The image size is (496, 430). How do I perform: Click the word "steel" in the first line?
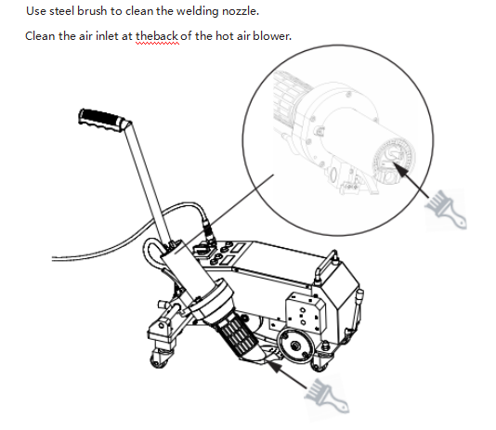tap(62, 11)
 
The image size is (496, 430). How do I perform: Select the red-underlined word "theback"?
tap(157, 36)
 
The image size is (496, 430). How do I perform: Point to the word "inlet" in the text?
tap(107, 36)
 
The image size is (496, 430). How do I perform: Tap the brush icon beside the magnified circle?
tap(446, 209)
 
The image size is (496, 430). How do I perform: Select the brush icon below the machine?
tap(326, 396)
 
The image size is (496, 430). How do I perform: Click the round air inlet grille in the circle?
tap(394, 162)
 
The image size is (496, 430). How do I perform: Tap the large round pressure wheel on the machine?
tap(295, 345)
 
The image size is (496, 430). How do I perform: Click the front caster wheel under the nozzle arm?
tap(161, 358)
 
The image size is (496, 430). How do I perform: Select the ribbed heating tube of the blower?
tap(237, 338)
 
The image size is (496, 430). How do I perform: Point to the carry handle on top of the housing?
tap(326, 265)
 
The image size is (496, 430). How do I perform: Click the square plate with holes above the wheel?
tap(306, 312)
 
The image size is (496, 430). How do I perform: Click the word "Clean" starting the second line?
tap(40, 36)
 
